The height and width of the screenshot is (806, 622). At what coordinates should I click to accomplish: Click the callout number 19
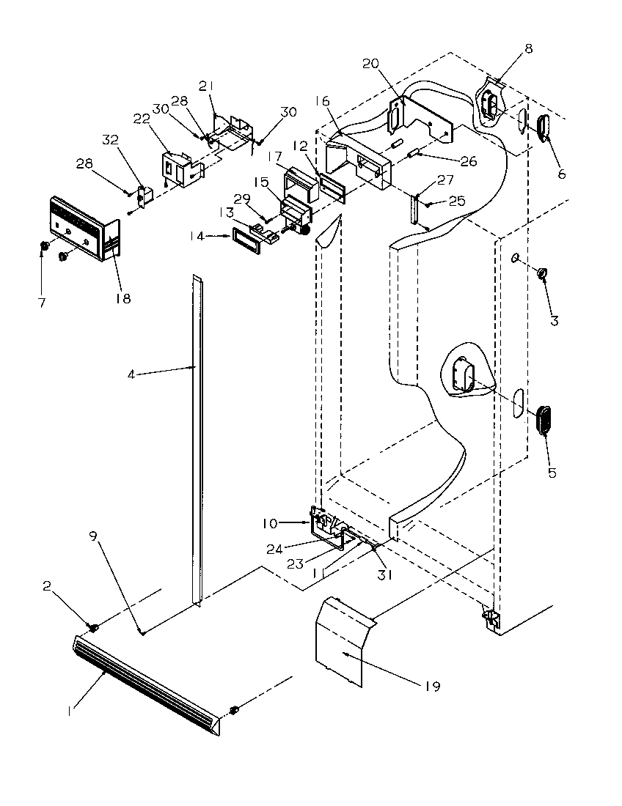[431, 687]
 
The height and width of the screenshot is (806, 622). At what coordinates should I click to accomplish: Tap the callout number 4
[131, 374]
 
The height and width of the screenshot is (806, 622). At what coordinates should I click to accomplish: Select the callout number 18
[123, 298]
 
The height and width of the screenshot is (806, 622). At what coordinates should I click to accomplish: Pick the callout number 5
[551, 473]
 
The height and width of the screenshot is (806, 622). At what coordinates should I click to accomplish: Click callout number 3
[554, 320]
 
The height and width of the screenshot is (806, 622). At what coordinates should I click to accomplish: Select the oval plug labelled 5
[545, 420]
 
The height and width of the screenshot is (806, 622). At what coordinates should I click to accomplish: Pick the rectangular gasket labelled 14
[246, 240]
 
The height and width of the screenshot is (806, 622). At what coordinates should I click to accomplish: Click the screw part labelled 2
[94, 626]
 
